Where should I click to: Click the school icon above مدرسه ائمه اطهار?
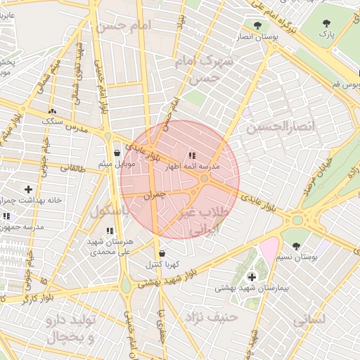(x=191, y=155)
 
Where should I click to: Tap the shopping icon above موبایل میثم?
(x=117, y=153)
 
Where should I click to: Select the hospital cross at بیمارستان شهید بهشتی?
(x=252, y=277)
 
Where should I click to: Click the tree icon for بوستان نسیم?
(x=296, y=247)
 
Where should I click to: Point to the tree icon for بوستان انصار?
(x=258, y=25)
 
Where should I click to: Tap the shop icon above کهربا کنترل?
(x=162, y=253)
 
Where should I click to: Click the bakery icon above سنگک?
(x=51, y=111)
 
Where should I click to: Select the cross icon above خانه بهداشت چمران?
(x=28, y=189)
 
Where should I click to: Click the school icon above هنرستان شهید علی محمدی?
(x=109, y=230)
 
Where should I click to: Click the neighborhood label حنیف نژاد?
(x=212, y=318)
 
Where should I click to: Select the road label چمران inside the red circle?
(x=153, y=195)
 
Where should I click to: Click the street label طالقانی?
(x=73, y=168)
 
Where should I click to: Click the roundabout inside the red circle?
(x=204, y=180)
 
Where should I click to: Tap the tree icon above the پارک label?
(x=326, y=23)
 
